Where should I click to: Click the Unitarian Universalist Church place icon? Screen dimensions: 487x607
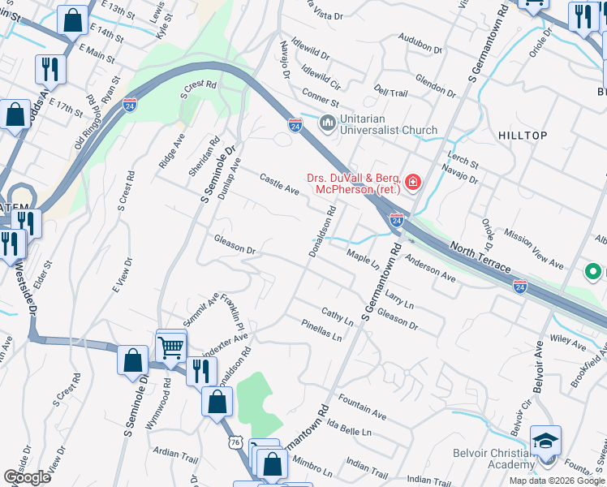coord(328,123)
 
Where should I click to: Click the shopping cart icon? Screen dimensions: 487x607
coord(171,348)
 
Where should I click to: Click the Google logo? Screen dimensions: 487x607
coord(28,477)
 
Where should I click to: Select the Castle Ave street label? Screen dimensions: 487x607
coord(279,184)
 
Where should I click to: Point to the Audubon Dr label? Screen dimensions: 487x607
coord(420,43)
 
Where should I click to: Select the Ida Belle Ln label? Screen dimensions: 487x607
coord(350,429)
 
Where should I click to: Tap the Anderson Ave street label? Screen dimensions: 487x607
coord(431,269)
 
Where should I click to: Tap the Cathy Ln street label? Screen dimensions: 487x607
coord(337,317)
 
